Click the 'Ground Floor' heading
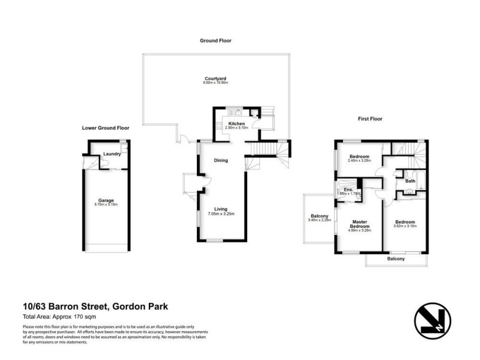coord(215,41)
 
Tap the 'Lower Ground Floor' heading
coord(106,128)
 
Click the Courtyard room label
coord(215,78)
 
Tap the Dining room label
coord(221,160)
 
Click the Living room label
coord(220,209)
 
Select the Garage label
coord(106,200)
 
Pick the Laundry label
coord(112,154)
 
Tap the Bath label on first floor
coord(410,181)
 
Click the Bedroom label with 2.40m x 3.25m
coord(359,157)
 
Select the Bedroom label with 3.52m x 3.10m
coord(404,222)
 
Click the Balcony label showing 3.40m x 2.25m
coord(319,217)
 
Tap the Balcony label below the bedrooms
coord(395,259)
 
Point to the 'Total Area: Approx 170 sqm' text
coord(59,316)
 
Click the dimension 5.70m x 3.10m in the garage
coord(106,205)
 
